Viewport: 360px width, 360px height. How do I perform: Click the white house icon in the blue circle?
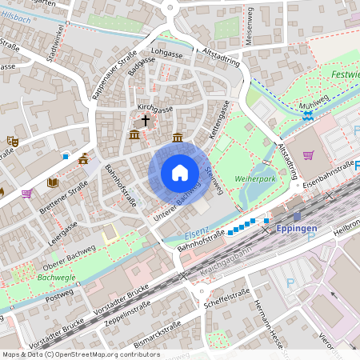pos(180,172)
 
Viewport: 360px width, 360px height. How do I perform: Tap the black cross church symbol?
pos(146,121)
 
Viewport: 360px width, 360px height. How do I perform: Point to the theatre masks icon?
pos(12,140)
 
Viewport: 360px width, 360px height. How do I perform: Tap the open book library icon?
pos(53,183)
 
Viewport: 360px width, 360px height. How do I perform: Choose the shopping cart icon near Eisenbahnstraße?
pos(308,154)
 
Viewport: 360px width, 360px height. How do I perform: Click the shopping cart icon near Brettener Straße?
pos(27,193)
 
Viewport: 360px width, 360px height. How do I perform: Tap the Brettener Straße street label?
pos(67,199)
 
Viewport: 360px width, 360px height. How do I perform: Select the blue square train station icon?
pos(297,216)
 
